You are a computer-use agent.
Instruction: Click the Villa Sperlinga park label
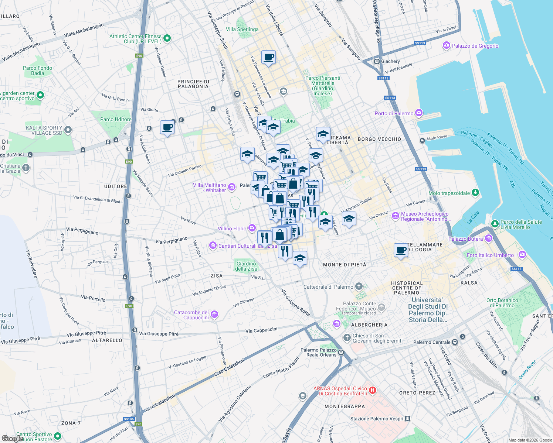click(242, 29)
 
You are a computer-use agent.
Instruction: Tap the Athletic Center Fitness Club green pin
click(167, 38)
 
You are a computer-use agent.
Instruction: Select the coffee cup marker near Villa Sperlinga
click(268, 58)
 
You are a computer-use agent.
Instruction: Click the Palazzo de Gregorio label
click(475, 46)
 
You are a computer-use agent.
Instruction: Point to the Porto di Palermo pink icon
click(418, 113)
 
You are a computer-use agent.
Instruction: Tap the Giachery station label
click(390, 61)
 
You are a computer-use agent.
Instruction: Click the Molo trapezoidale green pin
click(475, 193)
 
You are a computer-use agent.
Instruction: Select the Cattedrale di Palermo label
click(328, 287)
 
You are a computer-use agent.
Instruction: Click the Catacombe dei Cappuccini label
click(191, 315)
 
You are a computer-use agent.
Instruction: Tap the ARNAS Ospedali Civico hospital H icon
click(373, 390)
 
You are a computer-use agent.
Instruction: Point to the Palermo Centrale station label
click(432, 342)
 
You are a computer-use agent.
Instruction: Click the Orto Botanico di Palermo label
click(502, 303)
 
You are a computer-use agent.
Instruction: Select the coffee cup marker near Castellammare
click(401, 250)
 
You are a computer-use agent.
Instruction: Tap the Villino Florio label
click(232, 229)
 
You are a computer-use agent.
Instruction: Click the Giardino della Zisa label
click(246, 266)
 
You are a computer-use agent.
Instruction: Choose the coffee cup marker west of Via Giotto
click(167, 127)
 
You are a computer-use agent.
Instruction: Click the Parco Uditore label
click(116, 119)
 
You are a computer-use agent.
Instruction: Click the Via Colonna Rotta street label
click(295, 302)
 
